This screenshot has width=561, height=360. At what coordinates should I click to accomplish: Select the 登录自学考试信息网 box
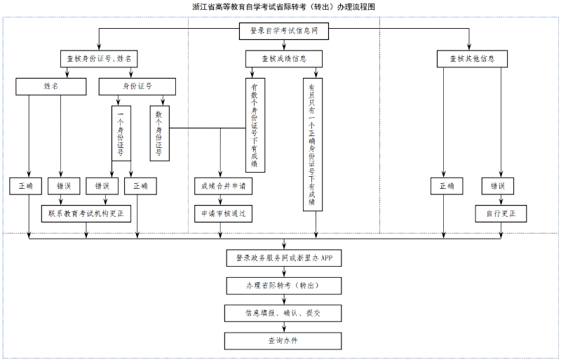284,31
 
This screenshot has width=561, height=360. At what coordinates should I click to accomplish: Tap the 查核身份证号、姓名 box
99,59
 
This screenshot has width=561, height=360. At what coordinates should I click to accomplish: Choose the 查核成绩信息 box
284,59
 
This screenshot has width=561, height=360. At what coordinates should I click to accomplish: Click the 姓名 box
50,86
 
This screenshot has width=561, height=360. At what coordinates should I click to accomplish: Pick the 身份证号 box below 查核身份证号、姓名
137,86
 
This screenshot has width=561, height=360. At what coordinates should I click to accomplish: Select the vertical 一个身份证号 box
121,133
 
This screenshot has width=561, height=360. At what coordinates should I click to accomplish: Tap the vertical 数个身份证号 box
159,133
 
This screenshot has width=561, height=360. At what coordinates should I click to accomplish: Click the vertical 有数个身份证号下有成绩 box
255,124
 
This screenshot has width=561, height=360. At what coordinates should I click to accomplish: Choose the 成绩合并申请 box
223,186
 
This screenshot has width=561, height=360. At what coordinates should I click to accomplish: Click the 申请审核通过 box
223,213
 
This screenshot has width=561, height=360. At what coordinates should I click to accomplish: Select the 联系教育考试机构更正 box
86,213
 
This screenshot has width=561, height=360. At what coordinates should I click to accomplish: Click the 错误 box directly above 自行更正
498,186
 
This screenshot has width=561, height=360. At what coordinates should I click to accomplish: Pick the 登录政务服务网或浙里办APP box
284,258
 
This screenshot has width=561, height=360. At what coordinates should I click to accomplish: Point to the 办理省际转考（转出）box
284,286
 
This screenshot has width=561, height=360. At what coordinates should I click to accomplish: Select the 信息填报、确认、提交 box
284,313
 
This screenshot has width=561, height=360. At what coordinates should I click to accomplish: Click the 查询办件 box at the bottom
284,340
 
